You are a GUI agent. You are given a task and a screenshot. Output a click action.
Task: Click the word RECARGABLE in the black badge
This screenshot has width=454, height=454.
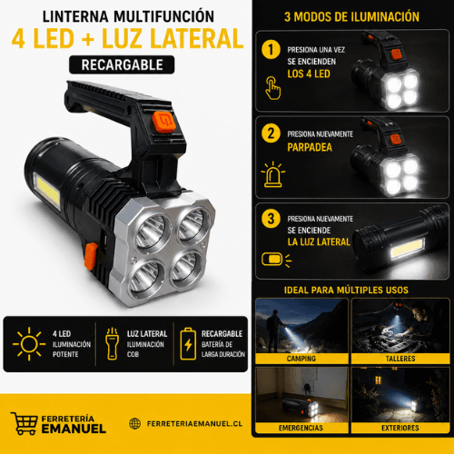[x=122, y=64]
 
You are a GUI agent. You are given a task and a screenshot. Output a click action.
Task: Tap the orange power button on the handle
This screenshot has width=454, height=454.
[x=163, y=122]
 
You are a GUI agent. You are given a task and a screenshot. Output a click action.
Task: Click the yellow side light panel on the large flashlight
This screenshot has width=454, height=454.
[x=47, y=190]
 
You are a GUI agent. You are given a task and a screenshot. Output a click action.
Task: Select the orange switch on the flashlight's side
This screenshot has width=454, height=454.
[x=90, y=256]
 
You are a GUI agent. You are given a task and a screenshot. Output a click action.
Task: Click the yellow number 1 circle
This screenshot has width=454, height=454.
[x=271, y=50]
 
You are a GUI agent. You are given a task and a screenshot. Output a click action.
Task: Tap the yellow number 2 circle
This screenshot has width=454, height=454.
[x=271, y=133]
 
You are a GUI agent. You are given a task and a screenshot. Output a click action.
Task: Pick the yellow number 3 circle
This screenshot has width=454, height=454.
[x=271, y=218]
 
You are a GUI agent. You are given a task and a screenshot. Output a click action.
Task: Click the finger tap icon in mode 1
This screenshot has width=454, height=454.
[x=272, y=88]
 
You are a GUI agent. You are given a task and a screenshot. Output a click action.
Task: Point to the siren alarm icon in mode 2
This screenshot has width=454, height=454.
[x=273, y=174]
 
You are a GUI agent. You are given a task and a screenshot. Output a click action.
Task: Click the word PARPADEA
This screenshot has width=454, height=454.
[x=310, y=147]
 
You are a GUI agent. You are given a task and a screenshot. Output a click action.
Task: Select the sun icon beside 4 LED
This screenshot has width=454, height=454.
[x=29, y=344]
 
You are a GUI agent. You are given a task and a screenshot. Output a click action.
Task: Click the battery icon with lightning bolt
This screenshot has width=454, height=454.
[x=188, y=344]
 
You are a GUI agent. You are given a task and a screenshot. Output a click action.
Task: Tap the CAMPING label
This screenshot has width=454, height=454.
[x=301, y=359]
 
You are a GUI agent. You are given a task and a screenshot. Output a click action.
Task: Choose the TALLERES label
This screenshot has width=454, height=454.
[x=400, y=359]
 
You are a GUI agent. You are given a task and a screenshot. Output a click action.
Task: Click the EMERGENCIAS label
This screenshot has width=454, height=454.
[x=301, y=428]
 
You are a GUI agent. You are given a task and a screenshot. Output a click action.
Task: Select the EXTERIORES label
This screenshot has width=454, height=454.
[x=400, y=428]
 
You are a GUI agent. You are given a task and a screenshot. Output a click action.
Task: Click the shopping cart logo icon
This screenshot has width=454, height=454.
[x=25, y=423]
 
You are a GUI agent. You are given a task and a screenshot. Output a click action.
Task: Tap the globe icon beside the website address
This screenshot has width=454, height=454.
[x=134, y=423]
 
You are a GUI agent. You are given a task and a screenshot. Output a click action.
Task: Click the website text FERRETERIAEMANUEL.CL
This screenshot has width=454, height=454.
[x=194, y=424]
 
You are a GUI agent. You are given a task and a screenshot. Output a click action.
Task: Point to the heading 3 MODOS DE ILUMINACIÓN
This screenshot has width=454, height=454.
[x=351, y=16]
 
